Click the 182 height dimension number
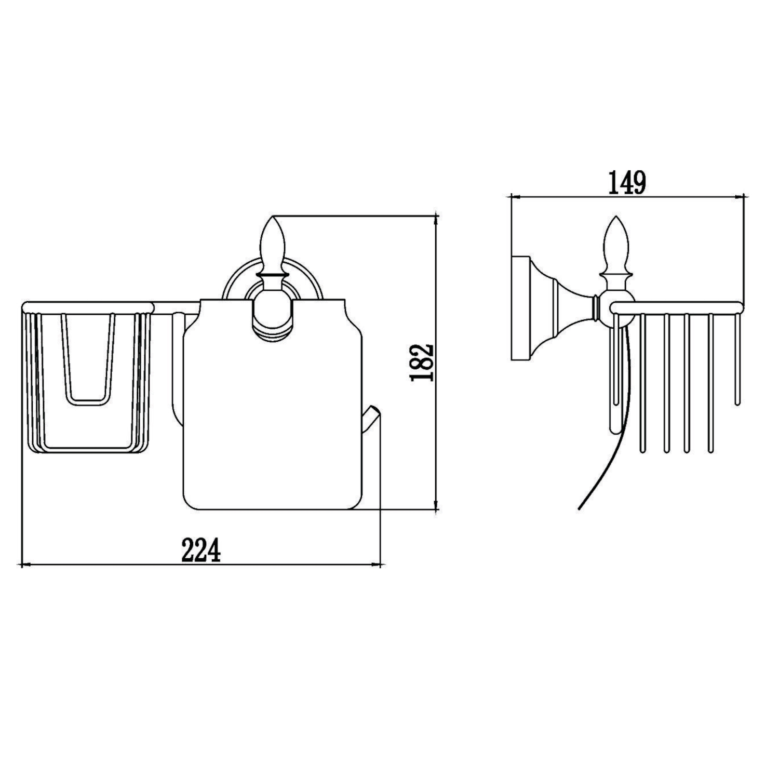pyautogui.click(x=422, y=362)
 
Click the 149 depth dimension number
pyautogui.click(x=627, y=183)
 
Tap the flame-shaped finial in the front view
pyautogui.click(x=272, y=243)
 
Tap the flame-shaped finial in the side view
pyautogui.click(x=616, y=243)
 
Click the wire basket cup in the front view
pyautogui.click(x=87, y=379)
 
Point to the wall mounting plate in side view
pyautogui.click(x=520, y=308)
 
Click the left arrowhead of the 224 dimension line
pyautogui.click(x=24, y=564)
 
